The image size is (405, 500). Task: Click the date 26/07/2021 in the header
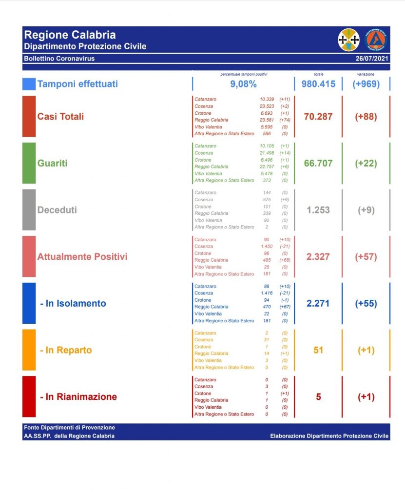click(x=373, y=59)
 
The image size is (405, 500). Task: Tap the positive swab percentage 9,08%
click(x=243, y=84)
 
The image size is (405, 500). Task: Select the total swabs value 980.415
click(x=318, y=84)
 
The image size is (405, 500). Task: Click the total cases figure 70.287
click(x=318, y=117)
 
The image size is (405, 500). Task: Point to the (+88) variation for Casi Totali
click(x=366, y=117)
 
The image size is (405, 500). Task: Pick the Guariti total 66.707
click(x=318, y=163)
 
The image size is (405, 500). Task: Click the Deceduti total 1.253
click(x=318, y=210)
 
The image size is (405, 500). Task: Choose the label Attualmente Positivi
click(x=82, y=256)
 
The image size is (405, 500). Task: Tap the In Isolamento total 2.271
click(x=318, y=303)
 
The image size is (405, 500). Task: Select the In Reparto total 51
click(x=318, y=350)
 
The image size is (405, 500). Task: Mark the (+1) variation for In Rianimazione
click(x=366, y=397)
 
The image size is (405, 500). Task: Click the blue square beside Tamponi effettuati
click(x=29, y=84)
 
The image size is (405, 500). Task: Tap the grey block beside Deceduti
click(x=29, y=210)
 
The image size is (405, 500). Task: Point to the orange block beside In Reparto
click(x=29, y=350)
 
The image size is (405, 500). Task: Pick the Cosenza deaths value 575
click(x=267, y=200)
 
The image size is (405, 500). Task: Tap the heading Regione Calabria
click(x=70, y=35)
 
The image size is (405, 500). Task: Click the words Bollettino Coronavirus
click(x=59, y=59)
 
